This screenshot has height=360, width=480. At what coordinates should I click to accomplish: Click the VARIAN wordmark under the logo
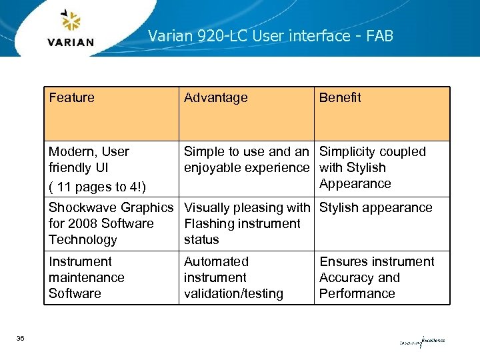pyautogui.click(x=71, y=42)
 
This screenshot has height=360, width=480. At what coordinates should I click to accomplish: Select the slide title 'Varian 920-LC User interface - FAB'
pyautogui.click(x=271, y=35)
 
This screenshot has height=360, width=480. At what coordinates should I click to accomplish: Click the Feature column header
pyautogui.click(x=71, y=97)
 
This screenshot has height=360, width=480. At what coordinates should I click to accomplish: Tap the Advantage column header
pyautogui.click(x=215, y=97)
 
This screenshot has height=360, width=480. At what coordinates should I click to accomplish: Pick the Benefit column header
pyautogui.click(x=340, y=97)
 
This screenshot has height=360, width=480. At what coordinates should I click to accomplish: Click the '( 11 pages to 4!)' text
pyautogui.click(x=98, y=187)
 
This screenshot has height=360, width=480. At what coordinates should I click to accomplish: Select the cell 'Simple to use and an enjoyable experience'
pyautogui.click(x=246, y=159)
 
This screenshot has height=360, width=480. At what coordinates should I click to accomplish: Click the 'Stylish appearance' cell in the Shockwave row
pyautogui.click(x=375, y=207)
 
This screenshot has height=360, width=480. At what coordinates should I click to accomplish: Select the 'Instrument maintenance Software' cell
pyautogui.click(x=86, y=277)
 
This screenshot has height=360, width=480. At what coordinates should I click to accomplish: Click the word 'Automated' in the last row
pyautogui.click(x=216, y=261)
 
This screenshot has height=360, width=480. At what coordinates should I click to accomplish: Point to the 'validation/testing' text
pyautogui.click(x=233, y=293)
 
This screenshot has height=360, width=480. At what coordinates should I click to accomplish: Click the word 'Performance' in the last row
pyautogui.click(x=357, y=293)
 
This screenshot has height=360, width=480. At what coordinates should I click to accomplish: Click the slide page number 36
pyautogui.click(x=21, y=339)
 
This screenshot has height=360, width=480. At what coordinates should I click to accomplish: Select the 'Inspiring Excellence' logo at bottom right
pyautogui.click(x=422, y=342)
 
